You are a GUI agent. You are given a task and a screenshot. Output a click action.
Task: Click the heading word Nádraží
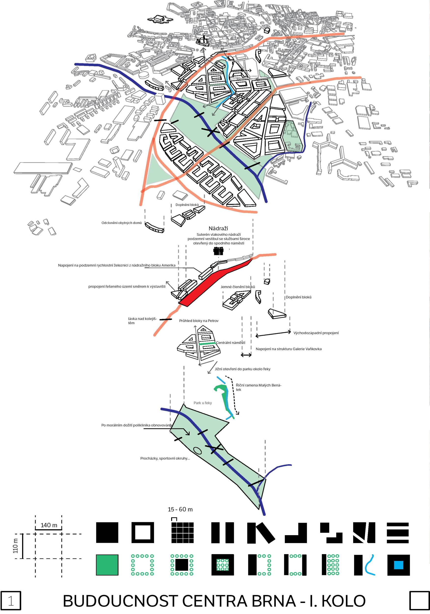(x=218, y=228)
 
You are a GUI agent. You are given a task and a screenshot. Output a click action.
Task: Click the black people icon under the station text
(x=218, y=251)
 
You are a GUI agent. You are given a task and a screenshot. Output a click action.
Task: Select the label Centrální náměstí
(x=231, y=343)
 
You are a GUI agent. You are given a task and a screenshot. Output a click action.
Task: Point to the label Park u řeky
(x=203, y=403)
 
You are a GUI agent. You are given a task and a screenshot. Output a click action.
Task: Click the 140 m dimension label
(x=49, y=525)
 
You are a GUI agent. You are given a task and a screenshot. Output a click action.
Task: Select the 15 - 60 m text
(x=180, y=509)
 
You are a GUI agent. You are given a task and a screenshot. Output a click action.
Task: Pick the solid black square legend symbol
(x=107, y=533)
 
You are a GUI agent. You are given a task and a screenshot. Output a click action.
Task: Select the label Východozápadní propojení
(x=316, y=333)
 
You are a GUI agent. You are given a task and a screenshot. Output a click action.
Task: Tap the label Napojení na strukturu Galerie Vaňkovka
(x=289, y=349)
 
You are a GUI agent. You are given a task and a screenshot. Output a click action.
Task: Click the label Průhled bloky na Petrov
(x=199, y=321)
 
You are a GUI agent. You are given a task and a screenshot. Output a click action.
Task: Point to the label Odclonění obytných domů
(x=121, y=223)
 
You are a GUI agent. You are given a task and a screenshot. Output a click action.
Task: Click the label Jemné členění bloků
(x=238, y=287)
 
